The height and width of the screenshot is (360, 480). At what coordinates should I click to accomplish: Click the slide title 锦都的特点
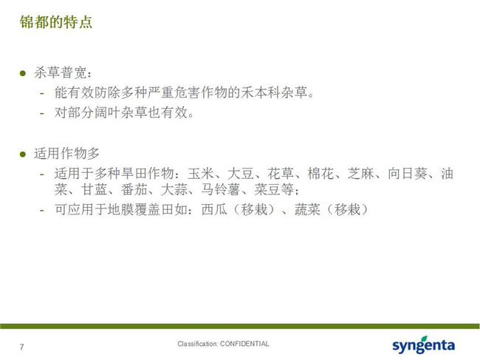(55, 22)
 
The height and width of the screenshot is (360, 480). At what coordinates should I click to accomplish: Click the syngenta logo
(424, 344)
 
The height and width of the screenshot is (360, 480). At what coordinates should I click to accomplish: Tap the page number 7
(21, 347)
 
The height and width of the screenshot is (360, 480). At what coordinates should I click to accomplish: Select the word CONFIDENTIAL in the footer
(244, 344)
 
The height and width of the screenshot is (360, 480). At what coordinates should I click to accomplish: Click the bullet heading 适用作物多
(67, 153)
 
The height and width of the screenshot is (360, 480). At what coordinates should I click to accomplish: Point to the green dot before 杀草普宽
(23, 73)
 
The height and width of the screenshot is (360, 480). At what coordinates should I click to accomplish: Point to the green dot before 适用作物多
(23, 154)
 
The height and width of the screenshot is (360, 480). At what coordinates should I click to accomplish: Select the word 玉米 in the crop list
(201, 174)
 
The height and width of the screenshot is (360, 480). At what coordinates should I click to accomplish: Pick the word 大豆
(241, 174)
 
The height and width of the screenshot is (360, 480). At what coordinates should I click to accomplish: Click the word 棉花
(320, 174)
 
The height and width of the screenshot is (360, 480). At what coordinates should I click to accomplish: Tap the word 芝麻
(361, 174)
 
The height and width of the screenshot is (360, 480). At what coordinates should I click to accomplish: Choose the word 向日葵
(408, 174)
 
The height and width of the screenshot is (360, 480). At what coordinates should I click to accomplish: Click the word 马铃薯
(221, 190)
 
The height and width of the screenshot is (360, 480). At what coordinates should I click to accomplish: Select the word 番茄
(134, 190)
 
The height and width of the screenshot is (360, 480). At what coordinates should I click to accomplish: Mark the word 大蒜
(174, 190)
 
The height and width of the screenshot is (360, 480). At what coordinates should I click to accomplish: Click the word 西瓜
(214, 210)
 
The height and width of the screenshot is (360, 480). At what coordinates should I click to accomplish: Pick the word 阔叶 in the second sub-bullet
(108, 113)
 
